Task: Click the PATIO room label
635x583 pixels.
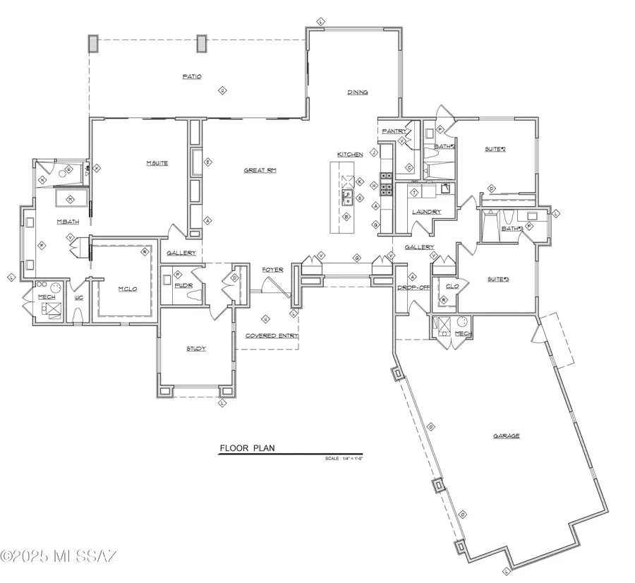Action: click(x=192, y=77)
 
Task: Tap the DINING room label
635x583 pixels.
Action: click(x=357, y=92)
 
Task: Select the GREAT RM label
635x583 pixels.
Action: click(x=260, y=170)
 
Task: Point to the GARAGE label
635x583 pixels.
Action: click(x=506, y=436)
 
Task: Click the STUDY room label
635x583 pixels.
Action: click(x=196, y=349)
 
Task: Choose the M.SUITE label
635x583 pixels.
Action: click(x=156, y=163)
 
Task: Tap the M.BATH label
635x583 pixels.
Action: click(x=68, y=222)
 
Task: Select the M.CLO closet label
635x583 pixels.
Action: click(x=127, y=289)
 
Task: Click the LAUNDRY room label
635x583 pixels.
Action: click(x=427, y=212)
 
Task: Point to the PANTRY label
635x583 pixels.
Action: click(x=394, y=131)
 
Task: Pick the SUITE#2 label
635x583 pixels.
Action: click(x=495, y=149)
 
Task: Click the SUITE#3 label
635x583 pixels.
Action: click(x=498, y=280)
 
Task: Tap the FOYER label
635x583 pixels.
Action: click(x=273, y=270)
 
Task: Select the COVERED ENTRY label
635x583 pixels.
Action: click(x=272, y=336)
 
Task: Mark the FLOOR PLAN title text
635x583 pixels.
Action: click(x=248, y=448)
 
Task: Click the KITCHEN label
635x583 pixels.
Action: click(x=350, y=155)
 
